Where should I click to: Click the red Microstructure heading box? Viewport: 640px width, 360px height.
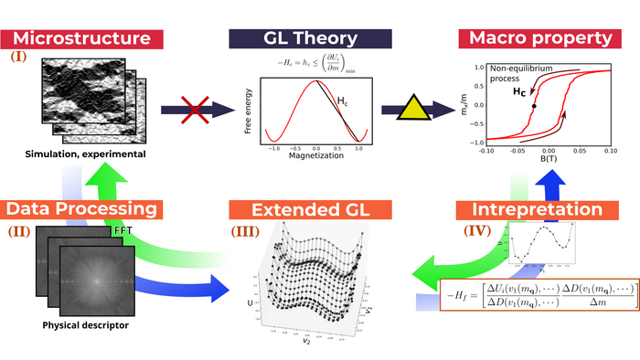coord(83,39)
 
